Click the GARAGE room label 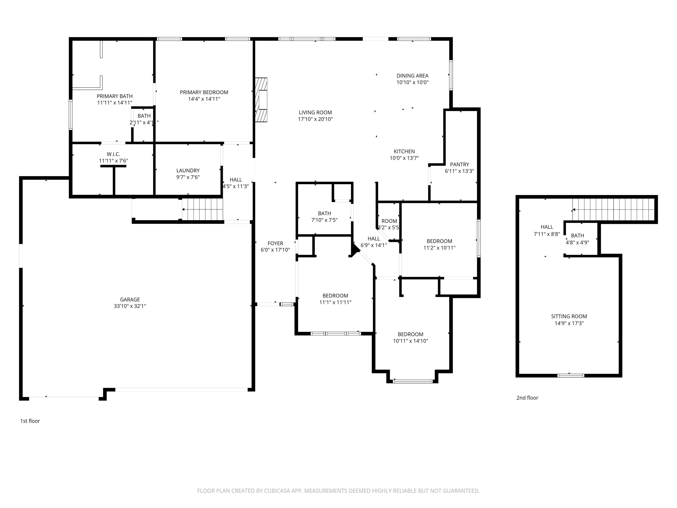130,299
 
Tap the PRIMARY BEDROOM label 204,92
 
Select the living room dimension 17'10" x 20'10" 315,119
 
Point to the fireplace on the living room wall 261,100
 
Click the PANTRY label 459,164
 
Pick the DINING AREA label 412,76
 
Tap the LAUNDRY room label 188,170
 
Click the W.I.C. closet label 113,154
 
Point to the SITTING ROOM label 569,316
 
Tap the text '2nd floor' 527,398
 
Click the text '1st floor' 30,421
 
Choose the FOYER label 275,243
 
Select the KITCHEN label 404,151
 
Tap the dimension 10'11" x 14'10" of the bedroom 410,341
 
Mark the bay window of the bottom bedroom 412,381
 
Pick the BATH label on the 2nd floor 577,235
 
